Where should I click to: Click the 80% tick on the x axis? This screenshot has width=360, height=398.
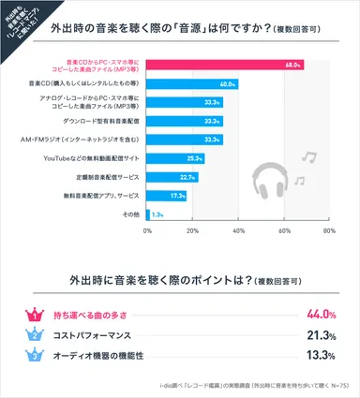click(x=328, y=230)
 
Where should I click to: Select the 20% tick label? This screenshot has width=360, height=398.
click(x=192, y=230)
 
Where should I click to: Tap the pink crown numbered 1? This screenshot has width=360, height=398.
click(x=34, y=314)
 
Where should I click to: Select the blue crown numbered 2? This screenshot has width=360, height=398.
click(x=34, y=334)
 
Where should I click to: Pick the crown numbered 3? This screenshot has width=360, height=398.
click(x=34, y=355)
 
